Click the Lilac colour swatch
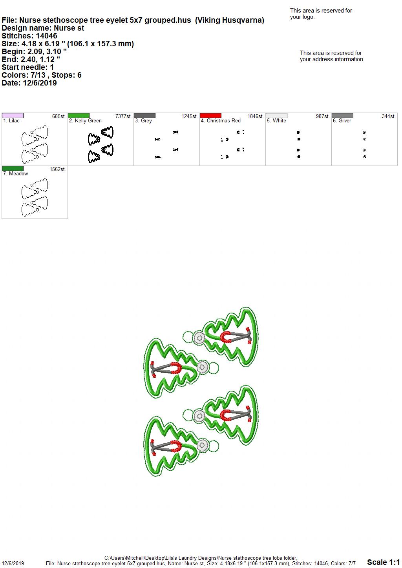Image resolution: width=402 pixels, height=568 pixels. (13, 116)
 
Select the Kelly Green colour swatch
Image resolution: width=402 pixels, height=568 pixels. (79, 116)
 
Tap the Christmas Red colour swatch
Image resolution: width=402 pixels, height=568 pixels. (211, 116)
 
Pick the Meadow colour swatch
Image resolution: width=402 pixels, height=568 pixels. (13, 168)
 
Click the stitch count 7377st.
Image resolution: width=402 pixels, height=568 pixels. (124, 117)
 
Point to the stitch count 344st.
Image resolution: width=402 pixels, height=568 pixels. (389, 117)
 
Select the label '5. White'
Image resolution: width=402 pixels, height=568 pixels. (276, 121)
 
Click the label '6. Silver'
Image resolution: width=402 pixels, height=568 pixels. (342, 121)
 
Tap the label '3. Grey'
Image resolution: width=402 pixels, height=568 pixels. (143, 121)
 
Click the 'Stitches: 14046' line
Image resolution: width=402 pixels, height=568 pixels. (29, 36)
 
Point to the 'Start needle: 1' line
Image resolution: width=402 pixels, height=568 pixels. (27, 67)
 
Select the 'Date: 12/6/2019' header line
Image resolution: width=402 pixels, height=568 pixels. (29, 83)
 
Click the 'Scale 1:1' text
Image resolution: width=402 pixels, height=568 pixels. (384, 562)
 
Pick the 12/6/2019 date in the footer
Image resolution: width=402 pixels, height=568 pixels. (13, 563)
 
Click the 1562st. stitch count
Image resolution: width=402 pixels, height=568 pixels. (58, 169)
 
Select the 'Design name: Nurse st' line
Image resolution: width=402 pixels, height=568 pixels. (43, 28)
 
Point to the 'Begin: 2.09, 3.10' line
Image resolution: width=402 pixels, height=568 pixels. (34, 51)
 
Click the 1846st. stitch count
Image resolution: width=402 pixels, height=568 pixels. (256, 117)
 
